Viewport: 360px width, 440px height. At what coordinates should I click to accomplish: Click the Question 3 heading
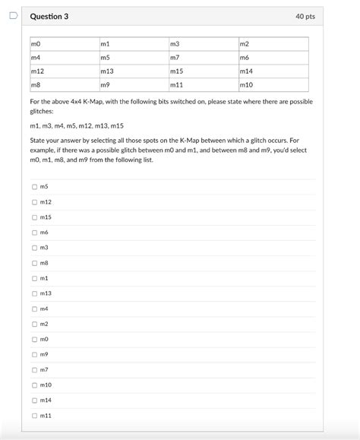[x=49, y=17]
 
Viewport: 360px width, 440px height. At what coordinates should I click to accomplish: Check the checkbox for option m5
[x=34, y=186]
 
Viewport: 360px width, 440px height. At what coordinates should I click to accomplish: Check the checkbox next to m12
[x=34, y=201]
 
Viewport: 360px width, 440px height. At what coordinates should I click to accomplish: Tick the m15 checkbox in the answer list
[x=34, y=217]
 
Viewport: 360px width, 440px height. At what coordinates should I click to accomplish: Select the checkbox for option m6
[x=34, y=232]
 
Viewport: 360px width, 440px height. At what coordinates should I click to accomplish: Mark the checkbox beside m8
[x=34, y=262]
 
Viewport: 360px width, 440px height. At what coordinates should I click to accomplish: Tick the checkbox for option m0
[x=34, y=339]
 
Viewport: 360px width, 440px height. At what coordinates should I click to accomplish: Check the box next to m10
[x=34, y=385]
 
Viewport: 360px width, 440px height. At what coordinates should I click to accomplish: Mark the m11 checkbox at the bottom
[x=34, y=415]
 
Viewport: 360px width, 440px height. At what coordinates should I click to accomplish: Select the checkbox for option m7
[x=34, y=369]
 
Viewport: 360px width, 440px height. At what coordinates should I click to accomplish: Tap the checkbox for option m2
[x=34, y=324]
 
